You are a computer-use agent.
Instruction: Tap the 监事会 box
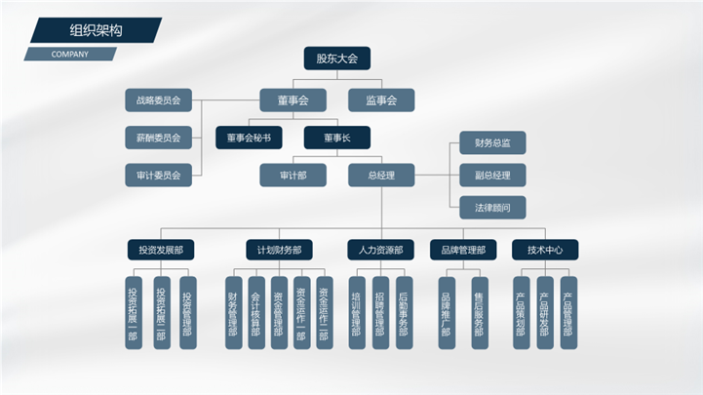click(x=381, y=99)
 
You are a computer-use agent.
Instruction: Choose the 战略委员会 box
click(x=159, y=99)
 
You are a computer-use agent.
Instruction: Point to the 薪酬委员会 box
click(x=159, y=138)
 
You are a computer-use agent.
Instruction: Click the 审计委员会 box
click(x=159, y=177)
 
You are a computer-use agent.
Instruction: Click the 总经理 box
click(x=381, y=176)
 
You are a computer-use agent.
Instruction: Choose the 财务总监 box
click(x=492, y=143)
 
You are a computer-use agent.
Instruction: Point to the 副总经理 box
click(x=492, y=176)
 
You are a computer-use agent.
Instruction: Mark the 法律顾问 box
click(x=492, y=207)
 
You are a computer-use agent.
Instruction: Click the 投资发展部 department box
click(x=161, y=250)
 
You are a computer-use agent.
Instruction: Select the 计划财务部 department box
click(x=279, y=250)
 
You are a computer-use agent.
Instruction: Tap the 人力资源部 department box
click(x=381, y=250)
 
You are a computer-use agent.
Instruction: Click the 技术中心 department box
click(x=545, y=250)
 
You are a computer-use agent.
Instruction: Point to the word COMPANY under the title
click(x=69, y=54)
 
